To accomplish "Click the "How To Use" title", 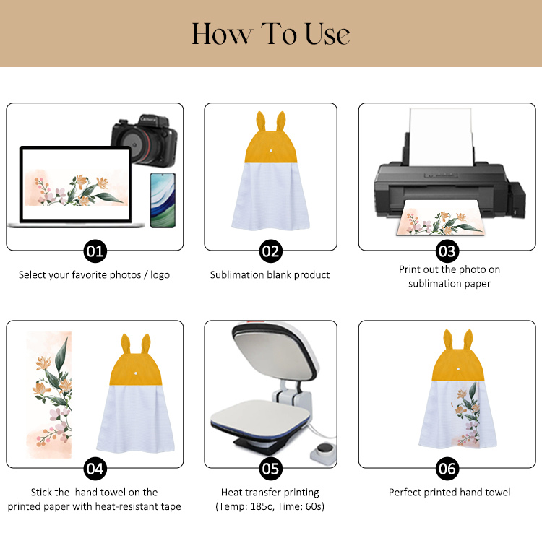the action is pyautogui.click(x=271, y=34).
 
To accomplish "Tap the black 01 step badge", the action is pyautogui.click(x=95, y=251).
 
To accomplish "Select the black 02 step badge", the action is pyautogui.click(x=271, y=251).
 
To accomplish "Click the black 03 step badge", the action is pyautogui.click(x=447, y=251).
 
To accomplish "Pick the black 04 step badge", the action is pyautogui.click(x=95, y=469).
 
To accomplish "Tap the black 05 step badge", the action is pyautogui.click(x=271, y=469).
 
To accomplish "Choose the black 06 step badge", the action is pyautogui.click(x=447, y=469).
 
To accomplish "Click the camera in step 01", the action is pyautogui.click(x=145, y=140).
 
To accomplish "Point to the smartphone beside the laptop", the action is pyautogui.click(x=163, y=201).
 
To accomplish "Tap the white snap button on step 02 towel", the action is pyautogui.click(x=271, y=151).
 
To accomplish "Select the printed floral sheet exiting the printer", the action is pyautogui.click(x=439, y=222).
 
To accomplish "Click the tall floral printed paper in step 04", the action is pyautogui.click(x=49, y=395).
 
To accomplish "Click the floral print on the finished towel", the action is pyautogui.click(x=467, y=415).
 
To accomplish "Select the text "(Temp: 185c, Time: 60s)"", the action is pyautogui.click(x=270, y=506).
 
